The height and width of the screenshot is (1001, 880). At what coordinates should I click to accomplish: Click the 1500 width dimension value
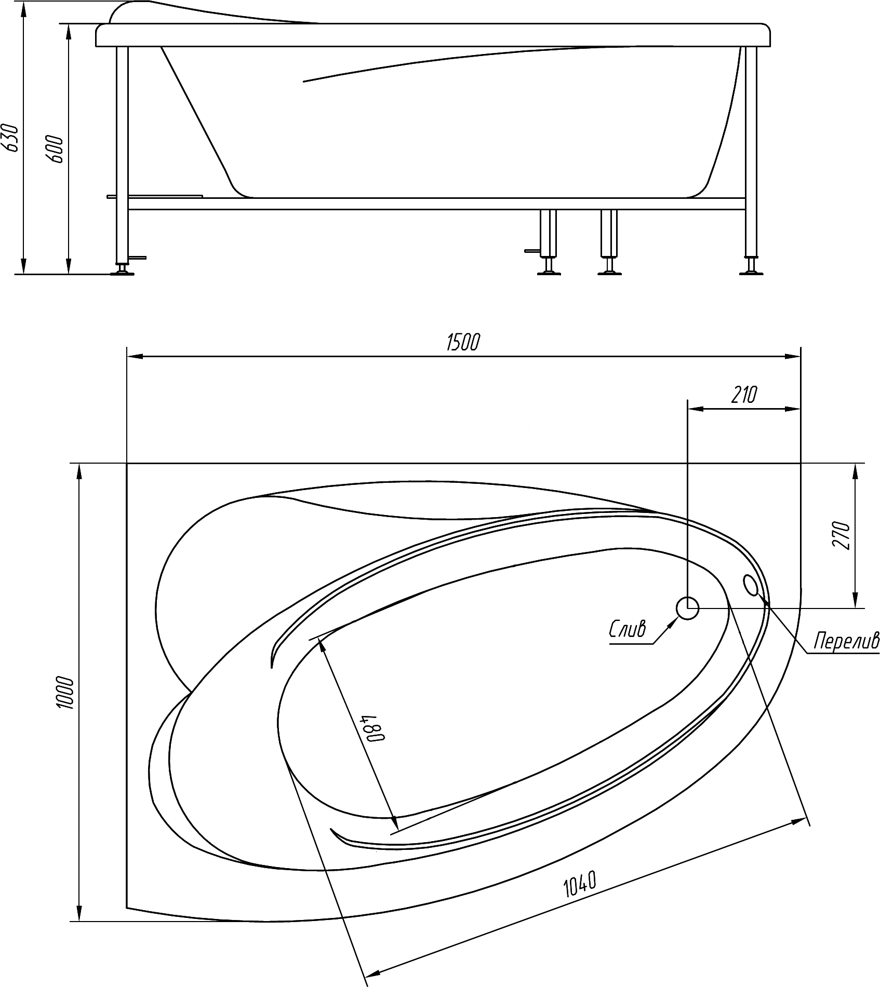[463, 343]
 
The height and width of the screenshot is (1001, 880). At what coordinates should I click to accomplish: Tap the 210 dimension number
[744, 396]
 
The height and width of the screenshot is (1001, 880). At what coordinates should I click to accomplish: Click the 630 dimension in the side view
[12, 138]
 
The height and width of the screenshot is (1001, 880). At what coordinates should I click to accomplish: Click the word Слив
[628, 630]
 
